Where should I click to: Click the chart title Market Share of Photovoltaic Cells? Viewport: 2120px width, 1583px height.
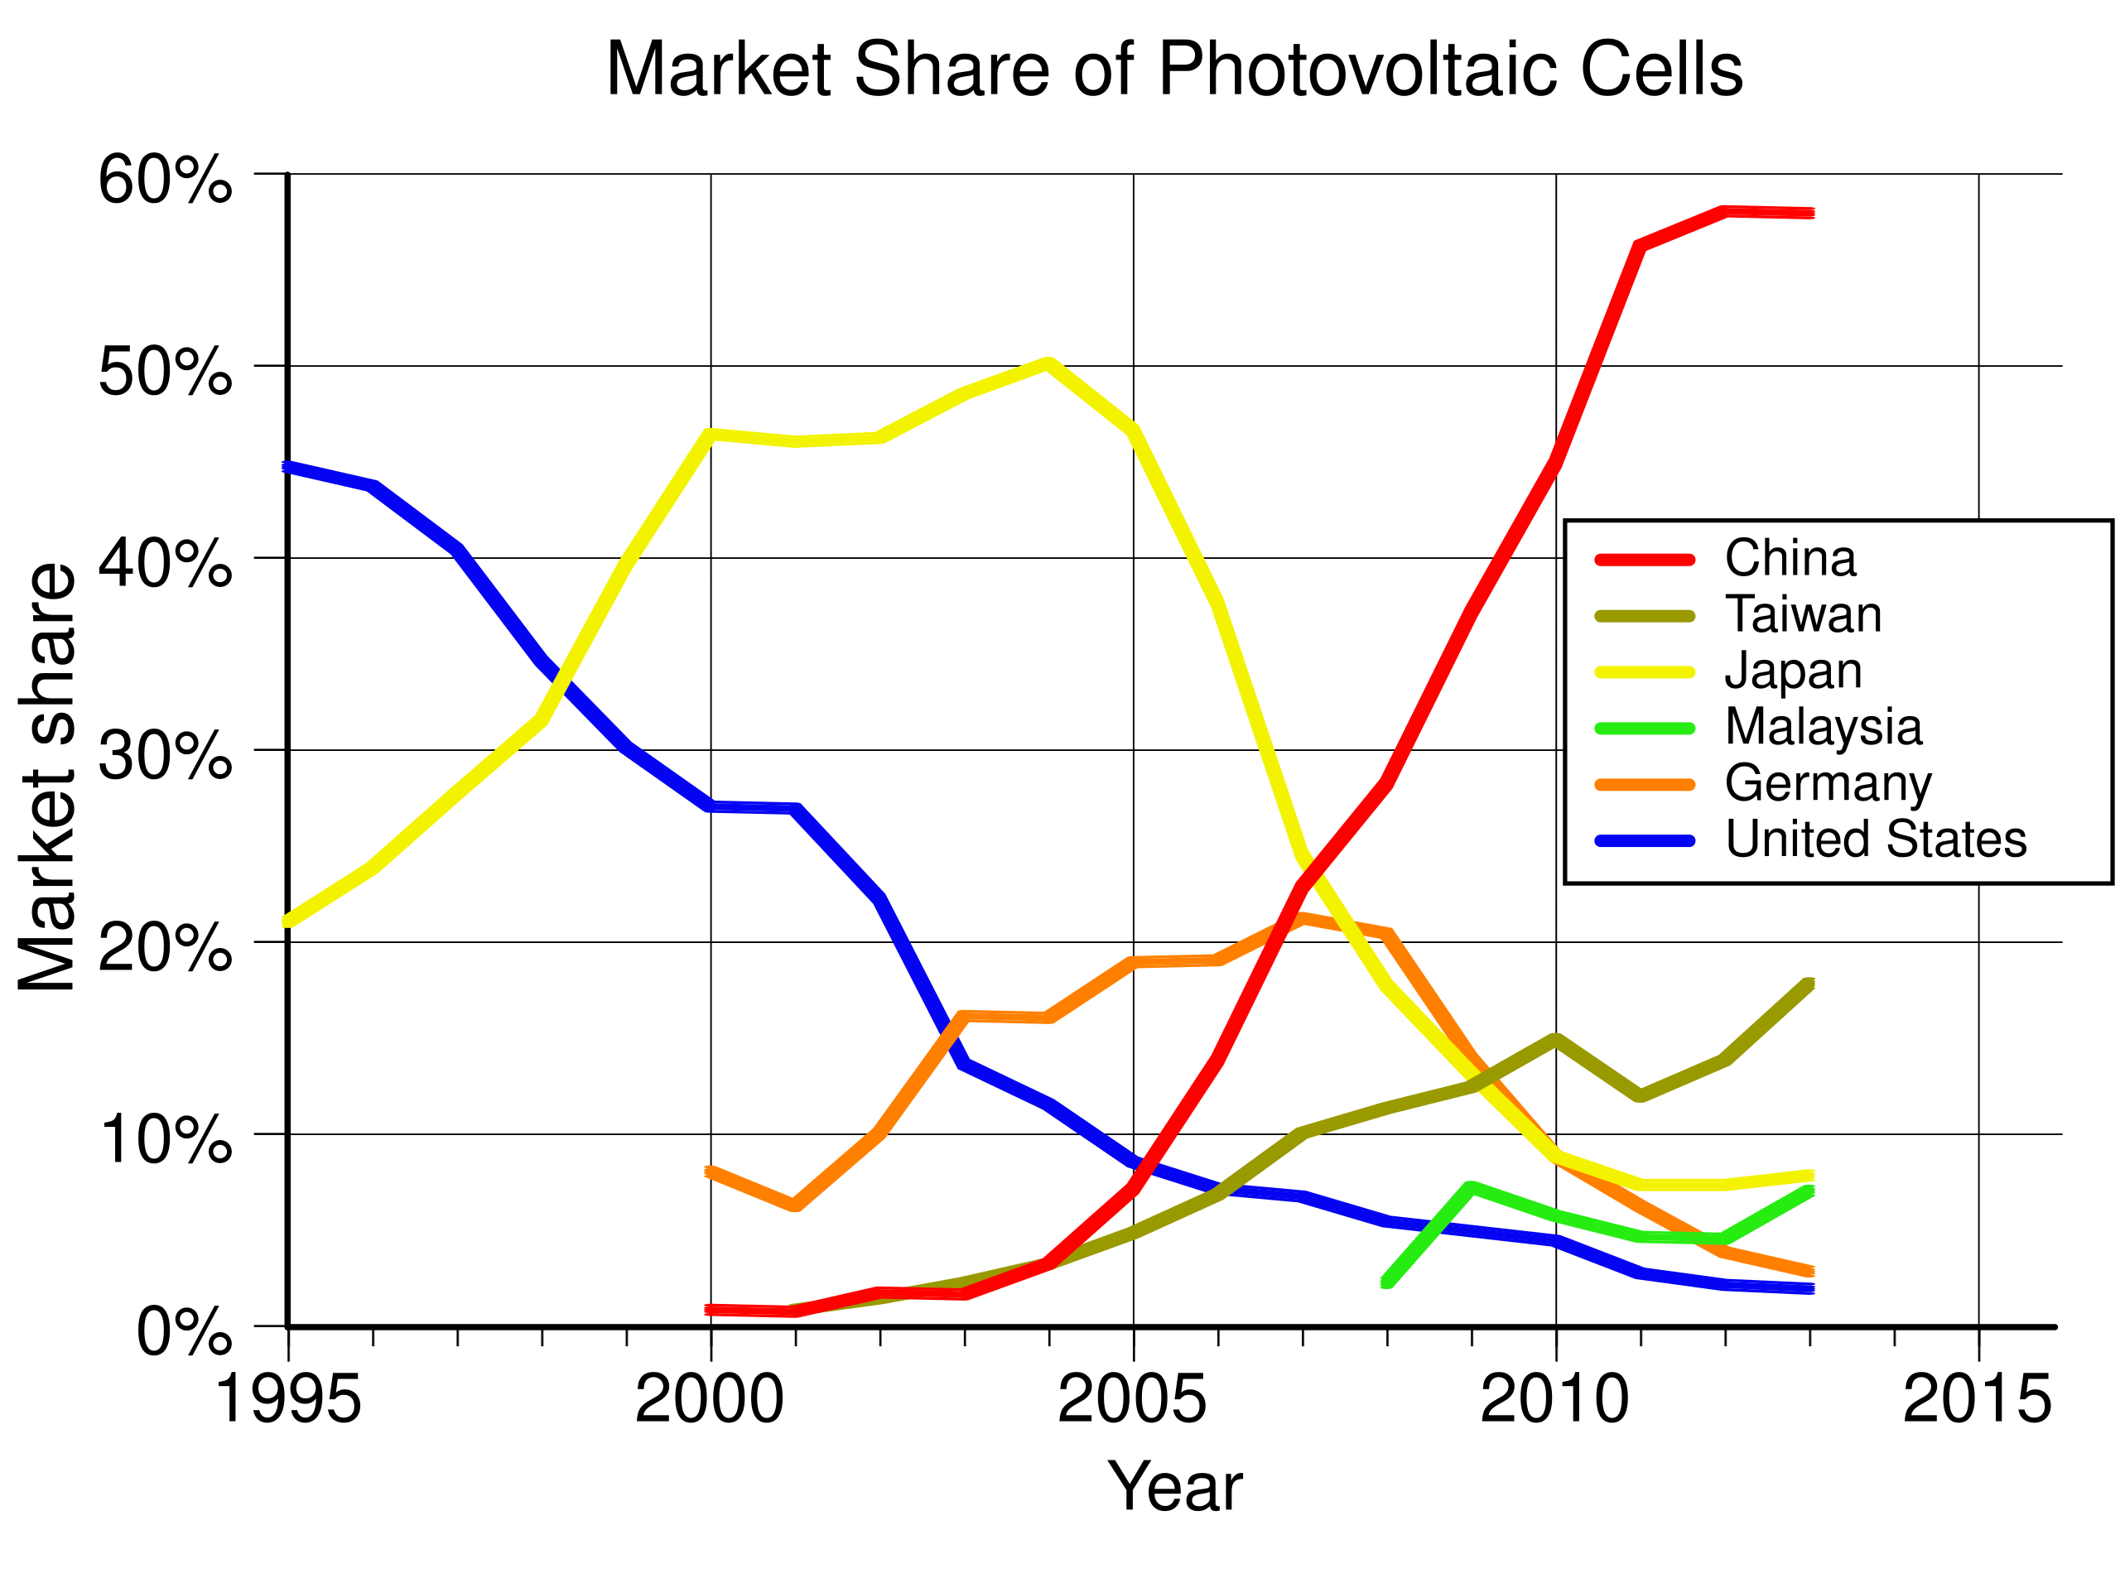1174,69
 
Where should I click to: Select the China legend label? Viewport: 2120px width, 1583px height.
1790,559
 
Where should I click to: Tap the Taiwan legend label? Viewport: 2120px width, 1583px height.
1803,614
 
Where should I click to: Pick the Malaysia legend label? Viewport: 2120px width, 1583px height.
1823,727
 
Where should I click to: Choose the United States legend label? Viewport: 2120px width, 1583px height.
1876,840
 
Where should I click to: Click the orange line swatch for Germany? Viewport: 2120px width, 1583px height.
1645,785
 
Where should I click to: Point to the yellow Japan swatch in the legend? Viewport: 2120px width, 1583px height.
1645,672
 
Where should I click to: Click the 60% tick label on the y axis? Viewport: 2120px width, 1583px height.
165,179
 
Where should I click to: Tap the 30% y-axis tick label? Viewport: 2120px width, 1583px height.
165,756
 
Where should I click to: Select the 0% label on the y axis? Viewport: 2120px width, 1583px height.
184,1332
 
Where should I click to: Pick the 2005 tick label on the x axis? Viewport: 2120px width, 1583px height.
1132,1400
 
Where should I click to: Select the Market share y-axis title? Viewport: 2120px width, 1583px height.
48,776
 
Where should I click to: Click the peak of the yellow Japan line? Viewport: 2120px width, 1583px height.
1048,362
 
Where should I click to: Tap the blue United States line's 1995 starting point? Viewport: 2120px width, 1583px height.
287,467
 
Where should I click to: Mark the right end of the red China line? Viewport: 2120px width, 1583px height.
1810,213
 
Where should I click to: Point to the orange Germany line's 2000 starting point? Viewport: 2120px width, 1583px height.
711,1171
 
